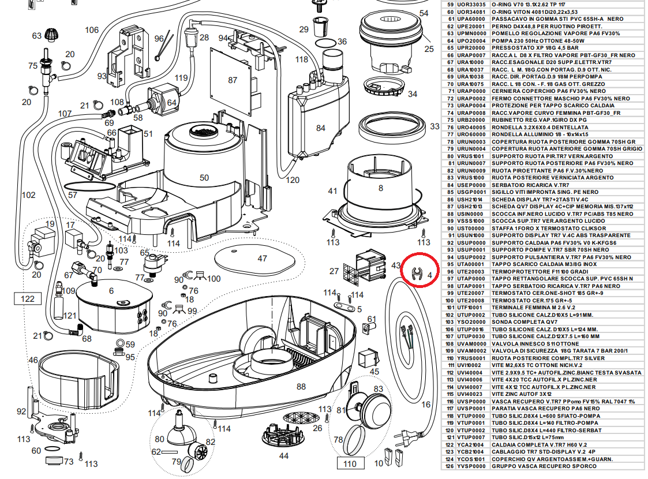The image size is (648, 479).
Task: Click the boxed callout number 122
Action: [28, 299]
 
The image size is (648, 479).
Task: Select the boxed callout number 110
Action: [350, 464]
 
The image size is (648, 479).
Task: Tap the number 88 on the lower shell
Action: [301, 387]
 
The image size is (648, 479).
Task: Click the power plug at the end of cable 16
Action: [406, 436]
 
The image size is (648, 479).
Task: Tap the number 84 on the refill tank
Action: [321, 128]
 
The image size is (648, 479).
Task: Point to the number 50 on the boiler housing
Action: [204, 178]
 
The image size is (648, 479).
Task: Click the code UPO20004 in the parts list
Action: [471, 41]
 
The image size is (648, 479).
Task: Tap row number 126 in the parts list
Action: [450, 466]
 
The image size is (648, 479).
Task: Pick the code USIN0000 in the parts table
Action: [470, 214]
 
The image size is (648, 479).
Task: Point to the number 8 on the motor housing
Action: [381, 188]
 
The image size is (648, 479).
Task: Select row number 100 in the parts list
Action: [450, 301]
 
